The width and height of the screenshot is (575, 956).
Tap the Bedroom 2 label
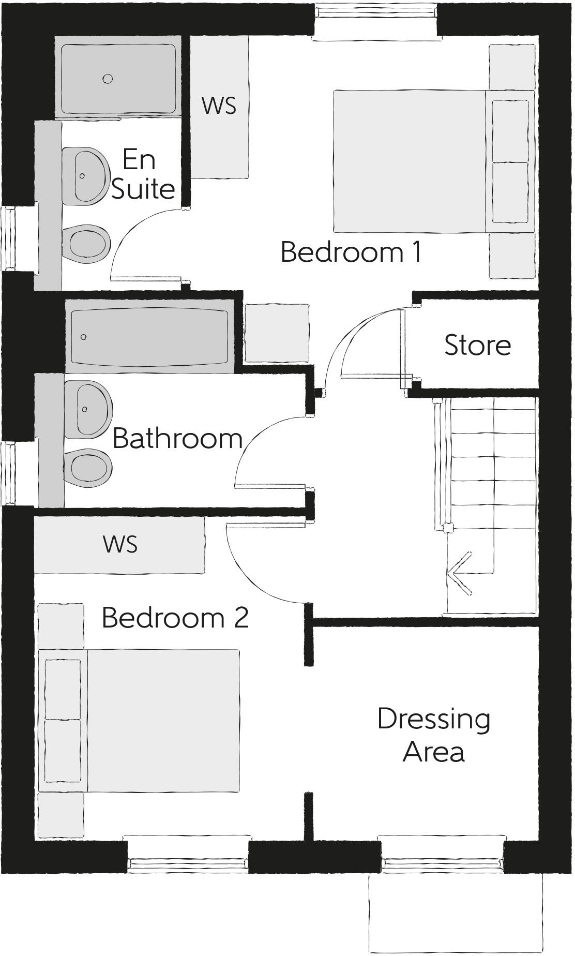coord(175,618)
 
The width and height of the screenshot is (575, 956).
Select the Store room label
coord(477,345)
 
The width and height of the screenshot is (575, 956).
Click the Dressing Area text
coord(433,735)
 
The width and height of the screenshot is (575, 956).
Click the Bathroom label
coord(177,439)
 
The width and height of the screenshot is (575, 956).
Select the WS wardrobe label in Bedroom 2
coord(120,544)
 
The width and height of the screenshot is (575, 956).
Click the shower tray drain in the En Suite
coord(108,79)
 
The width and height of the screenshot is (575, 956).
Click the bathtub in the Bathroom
coord(149,337)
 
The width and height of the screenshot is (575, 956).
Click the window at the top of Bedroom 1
coord(376,21)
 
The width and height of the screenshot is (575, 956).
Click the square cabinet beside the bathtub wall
coord(277,333)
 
